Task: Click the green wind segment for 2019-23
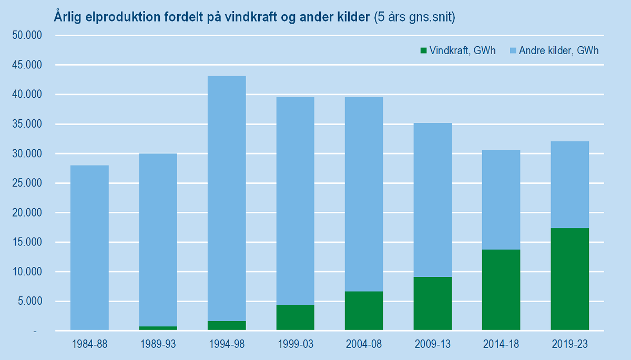pos(569,279)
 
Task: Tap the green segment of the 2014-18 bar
pos(501,290)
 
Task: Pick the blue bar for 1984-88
pos(89,248)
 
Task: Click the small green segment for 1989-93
pos(158,328)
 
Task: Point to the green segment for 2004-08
pos(364,311)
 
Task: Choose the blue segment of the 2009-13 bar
pos(432,200)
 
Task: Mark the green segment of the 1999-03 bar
pos(295,317)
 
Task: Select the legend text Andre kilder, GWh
pos(558,51)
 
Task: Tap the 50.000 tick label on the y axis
pos(26,36)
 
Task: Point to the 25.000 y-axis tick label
pos(26,183)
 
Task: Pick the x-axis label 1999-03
pos(295,345)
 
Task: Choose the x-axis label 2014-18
pos(501,345)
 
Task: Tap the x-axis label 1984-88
pos(89,345)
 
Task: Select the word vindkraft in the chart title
pos(246,17)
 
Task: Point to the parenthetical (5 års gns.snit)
pos(414,17)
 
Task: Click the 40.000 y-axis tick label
pos(26,95)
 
